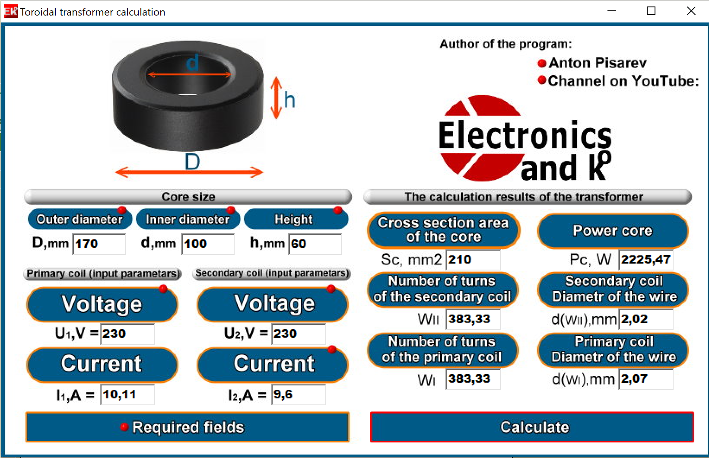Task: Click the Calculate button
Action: (532, 427)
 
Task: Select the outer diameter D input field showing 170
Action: (99, 244)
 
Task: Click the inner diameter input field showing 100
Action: (208, 244)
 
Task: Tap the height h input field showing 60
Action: (315, 244)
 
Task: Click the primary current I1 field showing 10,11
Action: (127, 394)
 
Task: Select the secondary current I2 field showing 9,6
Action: (299, 394)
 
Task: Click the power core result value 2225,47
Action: (646, 260)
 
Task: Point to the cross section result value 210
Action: (473, 260)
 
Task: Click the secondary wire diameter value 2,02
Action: (646, 319)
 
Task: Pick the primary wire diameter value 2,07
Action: (646, 379)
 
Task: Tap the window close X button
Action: (691, 11)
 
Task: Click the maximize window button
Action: (651, 11)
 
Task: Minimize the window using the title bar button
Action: (611, 11)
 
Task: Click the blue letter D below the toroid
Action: (192, 162)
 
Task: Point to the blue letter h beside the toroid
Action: (289, 99)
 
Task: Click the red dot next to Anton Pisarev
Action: (541, 64)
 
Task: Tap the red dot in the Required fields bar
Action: (124, 427)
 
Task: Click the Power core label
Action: (613, 230)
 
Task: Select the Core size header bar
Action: (188, 197)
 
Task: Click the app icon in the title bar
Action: (10, 11)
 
